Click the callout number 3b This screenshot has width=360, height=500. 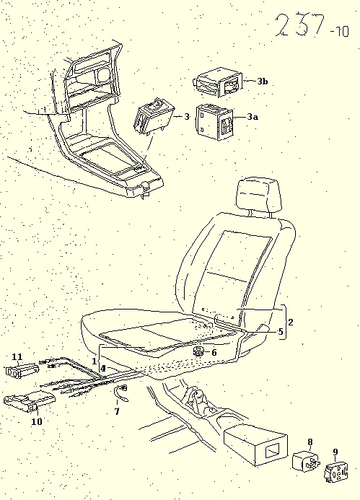[x=263, y=82]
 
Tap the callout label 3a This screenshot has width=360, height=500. [x=253, y=117]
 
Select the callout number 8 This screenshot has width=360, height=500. [x=310, y=442]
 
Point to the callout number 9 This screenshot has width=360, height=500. [x=335, y=452]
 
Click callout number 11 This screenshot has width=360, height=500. [x=17, y=357]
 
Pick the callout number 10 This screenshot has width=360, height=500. [x=37, y=421]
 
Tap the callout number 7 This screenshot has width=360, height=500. [x=117, y=412]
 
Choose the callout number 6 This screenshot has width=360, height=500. [x=214, y=352]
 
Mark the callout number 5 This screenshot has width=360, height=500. [x=281, y=332]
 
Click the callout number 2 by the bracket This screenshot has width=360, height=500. [x=291, y=322]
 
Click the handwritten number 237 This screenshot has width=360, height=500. [x=299, y=25]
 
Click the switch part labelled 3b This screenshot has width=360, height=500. [x=219, y=82]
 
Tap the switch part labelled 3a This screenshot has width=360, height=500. [x=214, y=123]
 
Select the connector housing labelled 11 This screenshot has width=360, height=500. [x=22, y=372]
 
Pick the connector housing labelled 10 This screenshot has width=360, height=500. [x=29, y=401]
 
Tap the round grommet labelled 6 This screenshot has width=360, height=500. [x=199, y=352]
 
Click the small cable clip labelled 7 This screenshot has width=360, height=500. [x=121, y=392]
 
